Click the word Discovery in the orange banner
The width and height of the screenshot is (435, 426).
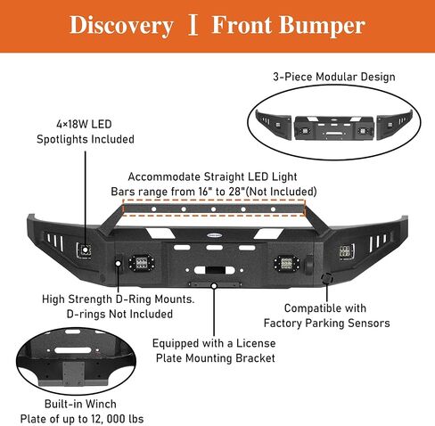pos(121,26)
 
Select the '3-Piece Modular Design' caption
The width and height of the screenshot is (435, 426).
pos(334,77)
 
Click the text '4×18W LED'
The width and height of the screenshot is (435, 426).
pos(84,124)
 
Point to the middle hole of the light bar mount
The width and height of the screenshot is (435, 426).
pos(213,209)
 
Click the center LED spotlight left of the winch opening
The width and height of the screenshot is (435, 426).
pos(142,263)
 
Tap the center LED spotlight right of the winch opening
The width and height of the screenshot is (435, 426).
pos(287,263)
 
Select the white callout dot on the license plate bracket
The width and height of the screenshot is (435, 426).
pos(214,286)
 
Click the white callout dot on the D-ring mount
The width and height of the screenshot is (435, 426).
pos(119,263)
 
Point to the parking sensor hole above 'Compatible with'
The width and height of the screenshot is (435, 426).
pos(327,278)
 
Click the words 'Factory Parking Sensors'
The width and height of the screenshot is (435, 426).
pos(326,323)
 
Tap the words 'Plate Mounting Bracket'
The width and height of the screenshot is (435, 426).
pos(216,358)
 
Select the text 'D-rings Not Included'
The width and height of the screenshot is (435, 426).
pos(119,314)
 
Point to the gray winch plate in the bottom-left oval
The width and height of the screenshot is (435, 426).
pos(73,373)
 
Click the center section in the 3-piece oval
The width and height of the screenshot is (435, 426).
pos(334,127)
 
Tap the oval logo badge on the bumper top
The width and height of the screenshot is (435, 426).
pos(215,235)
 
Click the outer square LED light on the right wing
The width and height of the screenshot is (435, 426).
pos(347,252)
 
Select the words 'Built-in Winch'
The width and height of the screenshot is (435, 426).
pos(80,404)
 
